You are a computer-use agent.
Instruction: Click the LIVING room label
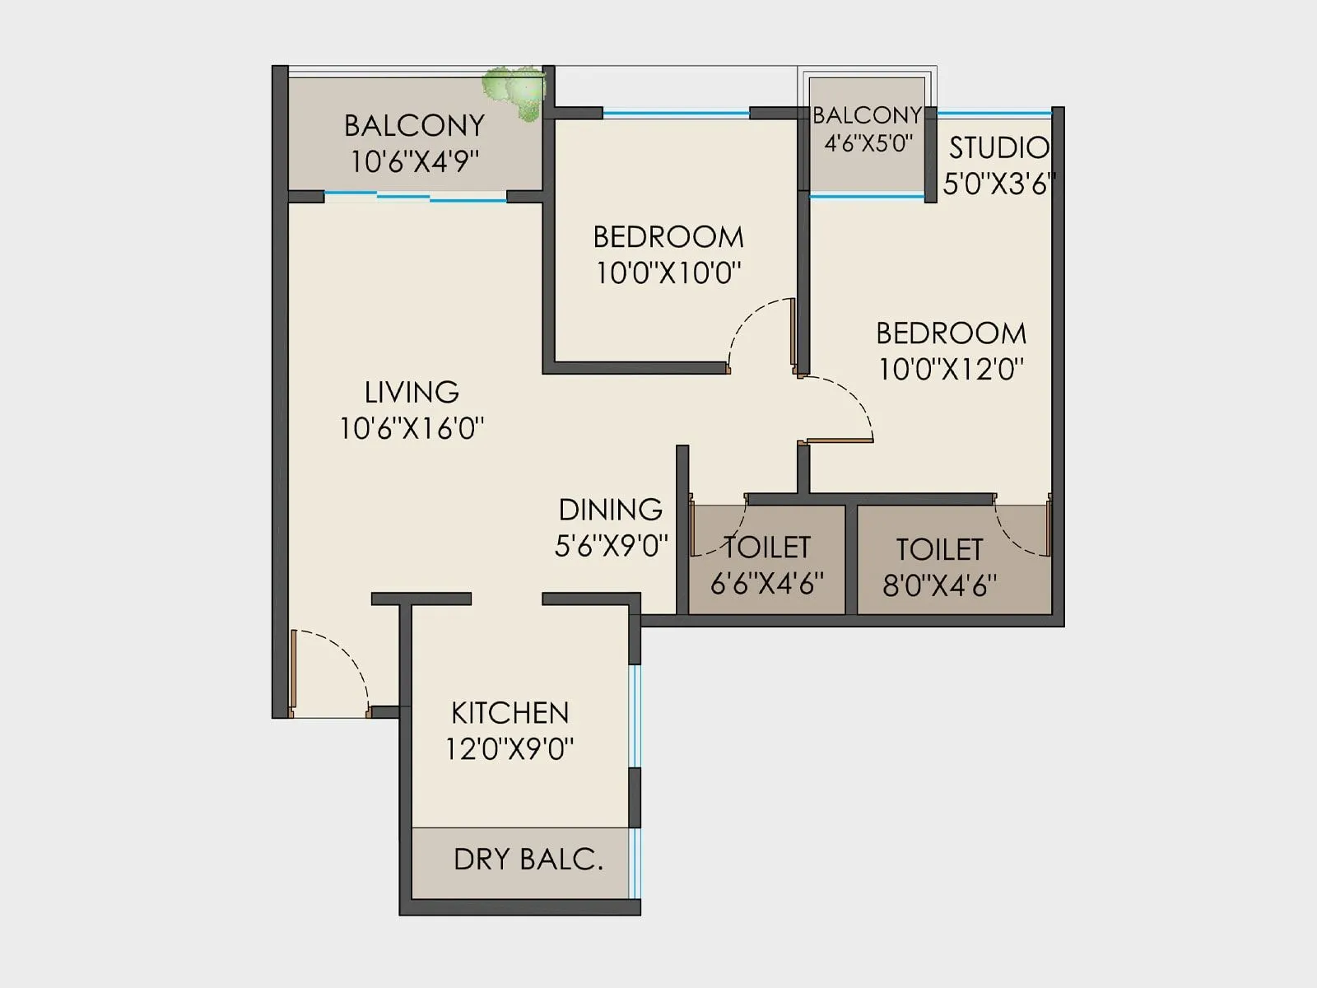[412, 392]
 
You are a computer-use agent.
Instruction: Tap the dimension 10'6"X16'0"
[412, 428]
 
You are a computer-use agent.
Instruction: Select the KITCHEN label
[510, 713]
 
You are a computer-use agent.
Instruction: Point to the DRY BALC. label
[528, 860]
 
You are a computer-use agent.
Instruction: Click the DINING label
[610, 510]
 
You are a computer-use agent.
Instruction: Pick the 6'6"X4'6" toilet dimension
[766, 584]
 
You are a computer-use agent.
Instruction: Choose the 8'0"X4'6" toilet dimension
[939, 586]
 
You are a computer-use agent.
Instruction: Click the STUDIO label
[998, 148]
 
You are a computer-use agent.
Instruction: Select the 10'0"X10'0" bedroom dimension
[668, 273]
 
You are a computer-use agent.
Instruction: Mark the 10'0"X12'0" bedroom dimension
[951, 369]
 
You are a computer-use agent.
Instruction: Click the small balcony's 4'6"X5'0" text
[868, 143]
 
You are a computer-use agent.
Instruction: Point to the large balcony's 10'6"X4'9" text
[414, 161]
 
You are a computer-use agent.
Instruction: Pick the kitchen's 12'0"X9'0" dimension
[510, 749]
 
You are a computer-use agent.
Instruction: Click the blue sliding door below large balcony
[416, 197]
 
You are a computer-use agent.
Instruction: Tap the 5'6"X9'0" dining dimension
[610, 546]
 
